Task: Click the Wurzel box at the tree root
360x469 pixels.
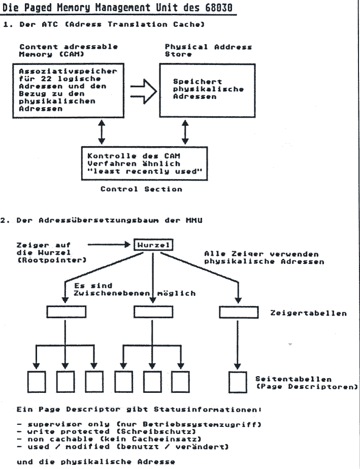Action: coord(153,246)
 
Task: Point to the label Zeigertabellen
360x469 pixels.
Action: coord(309,313)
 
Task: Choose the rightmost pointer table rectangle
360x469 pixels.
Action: coord(238,312)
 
